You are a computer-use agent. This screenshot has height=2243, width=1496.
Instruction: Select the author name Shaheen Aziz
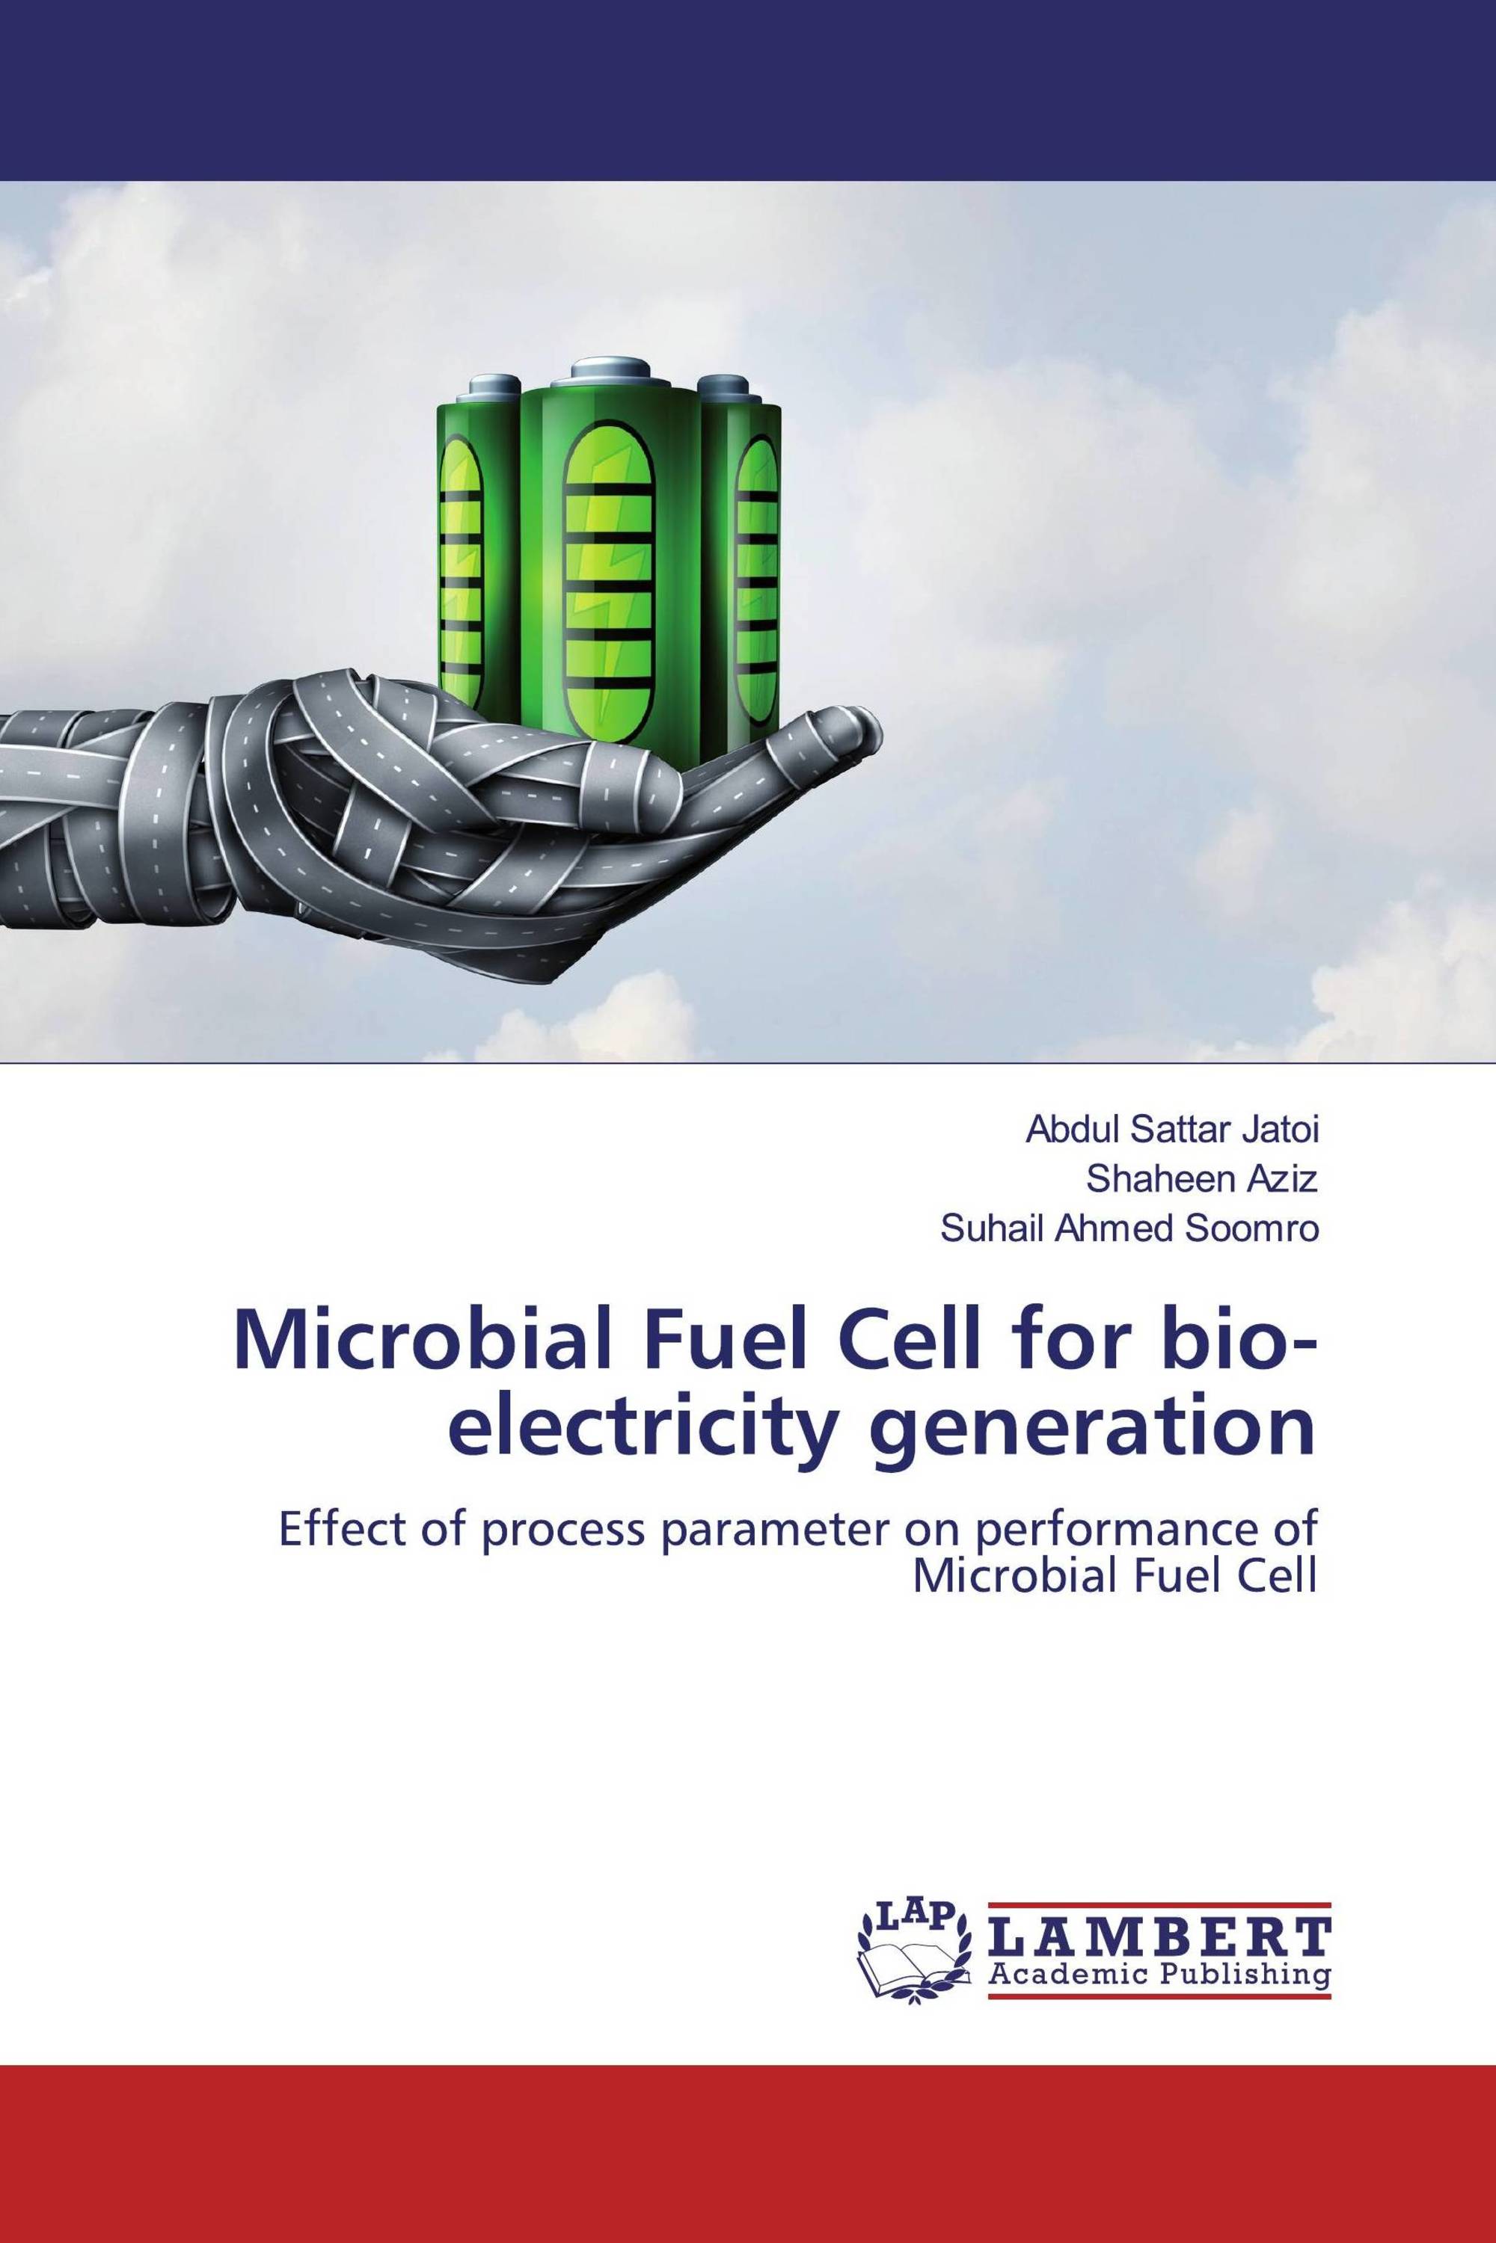(1202, 1181)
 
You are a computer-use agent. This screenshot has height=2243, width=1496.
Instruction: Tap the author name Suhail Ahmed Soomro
(1129, 1229)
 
